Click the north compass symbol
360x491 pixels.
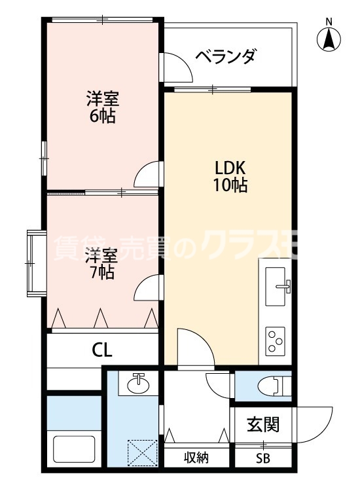tap(329, 39)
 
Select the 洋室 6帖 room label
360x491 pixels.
tap(103, 108)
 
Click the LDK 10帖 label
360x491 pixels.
tap(229, 175)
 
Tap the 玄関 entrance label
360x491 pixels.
tap(262, 424)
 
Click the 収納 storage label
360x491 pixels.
tap(196, 458)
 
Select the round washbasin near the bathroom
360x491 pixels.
tap(138, 384)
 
